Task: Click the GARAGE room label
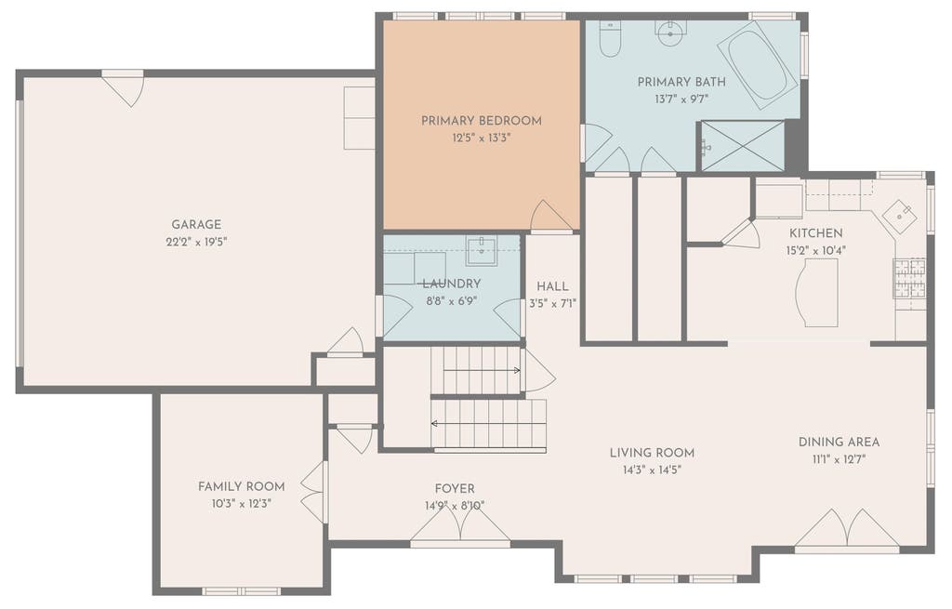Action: click(195, 225)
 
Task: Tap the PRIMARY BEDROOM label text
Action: click(482, 121)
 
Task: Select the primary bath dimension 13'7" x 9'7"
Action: click(681, 99)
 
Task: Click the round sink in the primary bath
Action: click(670, 28)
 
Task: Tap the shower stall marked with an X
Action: click(743, 146)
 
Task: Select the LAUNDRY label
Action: click(451, 284)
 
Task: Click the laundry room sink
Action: click(482, 250)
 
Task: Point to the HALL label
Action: click(552, 286)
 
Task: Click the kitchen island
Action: click(816, 293)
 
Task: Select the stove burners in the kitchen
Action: click(909, 278)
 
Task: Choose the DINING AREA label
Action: click(839, 442)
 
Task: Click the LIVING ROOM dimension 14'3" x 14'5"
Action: click(652, 470)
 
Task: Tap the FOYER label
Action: click(455, 489)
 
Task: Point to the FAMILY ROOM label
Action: click(241, 486)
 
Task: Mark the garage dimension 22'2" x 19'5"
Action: click(196, 242)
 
